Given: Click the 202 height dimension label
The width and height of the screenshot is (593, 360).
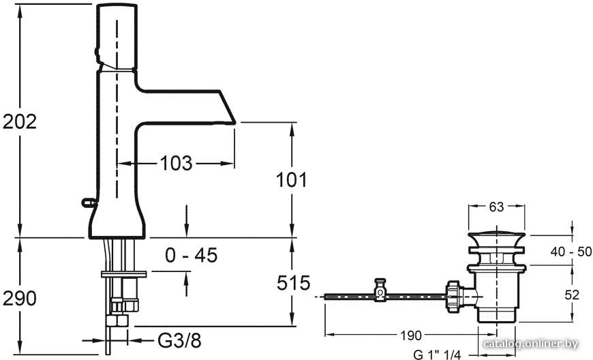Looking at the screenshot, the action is [20, 121].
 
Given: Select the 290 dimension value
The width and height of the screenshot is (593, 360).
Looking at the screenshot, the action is [20, 299].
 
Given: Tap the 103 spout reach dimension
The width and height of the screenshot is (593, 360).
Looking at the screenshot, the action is [177, 164].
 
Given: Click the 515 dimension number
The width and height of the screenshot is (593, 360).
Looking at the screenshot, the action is [294, 283].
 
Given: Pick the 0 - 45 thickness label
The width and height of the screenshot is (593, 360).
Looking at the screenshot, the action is [192, 255].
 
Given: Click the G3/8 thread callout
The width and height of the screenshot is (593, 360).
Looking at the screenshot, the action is [179, 341].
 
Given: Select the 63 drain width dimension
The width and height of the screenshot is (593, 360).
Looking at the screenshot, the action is [497, 207].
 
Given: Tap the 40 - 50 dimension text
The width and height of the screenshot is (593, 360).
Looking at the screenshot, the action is [571, 252].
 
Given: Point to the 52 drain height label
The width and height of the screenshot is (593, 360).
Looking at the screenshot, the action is [571, 295].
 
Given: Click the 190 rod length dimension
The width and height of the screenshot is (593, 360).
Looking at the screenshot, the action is [410, 335].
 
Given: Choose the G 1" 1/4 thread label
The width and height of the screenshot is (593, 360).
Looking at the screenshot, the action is [437, 355].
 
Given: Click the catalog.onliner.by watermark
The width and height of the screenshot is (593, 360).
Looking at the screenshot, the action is [531, 344].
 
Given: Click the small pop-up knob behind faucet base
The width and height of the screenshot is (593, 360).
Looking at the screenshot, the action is [89, 203].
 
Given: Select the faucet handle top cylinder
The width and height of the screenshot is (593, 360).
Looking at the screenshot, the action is [116, 37].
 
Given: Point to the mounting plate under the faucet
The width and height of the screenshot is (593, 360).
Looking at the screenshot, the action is [123, 274].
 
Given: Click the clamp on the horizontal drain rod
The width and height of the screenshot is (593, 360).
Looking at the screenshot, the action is [380, 290].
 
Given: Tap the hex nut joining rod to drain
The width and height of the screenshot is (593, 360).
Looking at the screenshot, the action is [453, 296].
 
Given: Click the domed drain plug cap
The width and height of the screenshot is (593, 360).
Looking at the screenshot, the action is [497, 237].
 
